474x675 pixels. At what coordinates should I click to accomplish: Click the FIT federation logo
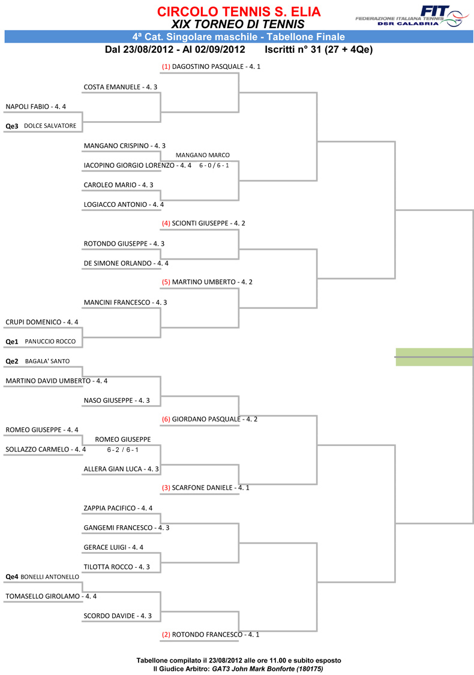tap(412, 16)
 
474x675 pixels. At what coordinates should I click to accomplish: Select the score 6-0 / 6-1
tap(214, 165)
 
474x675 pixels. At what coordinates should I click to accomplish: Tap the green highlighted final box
tap(434, 357)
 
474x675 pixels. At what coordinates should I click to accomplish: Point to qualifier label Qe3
tap(12, 126)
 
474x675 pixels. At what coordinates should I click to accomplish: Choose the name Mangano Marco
tap(203, 155)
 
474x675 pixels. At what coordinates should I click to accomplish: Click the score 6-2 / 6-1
tap(123, 450)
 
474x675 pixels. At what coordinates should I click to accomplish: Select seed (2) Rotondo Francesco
tap(210, 634)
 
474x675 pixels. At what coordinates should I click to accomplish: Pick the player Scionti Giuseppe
tap(200, 223)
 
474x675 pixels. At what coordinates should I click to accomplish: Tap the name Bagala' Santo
tap(47, 361)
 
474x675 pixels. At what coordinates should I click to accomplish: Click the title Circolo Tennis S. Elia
tap(239, 11)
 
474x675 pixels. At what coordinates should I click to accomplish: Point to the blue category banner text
tap(239, 37)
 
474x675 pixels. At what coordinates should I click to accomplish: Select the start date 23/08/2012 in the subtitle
tap(148, 50)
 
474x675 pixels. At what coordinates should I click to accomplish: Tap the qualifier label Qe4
tap(12, 577)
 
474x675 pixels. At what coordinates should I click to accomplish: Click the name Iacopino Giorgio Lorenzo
tap(129, 165)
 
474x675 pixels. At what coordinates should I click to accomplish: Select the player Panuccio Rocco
tap(50, 341)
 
